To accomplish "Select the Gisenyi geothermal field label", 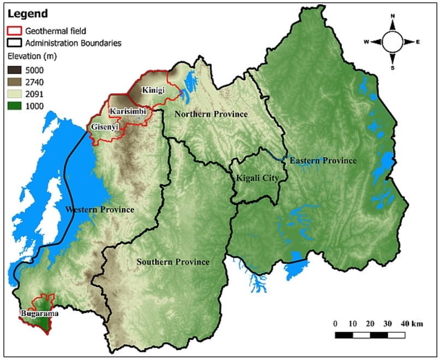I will click(x=105, y=127).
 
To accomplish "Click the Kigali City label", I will click(x=258, y=178).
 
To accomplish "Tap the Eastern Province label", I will click(x=323, y=160).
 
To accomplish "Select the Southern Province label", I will click(x=173, y=262).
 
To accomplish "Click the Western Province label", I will click(x=99, y=209).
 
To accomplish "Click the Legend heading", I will click(x=27, y=14).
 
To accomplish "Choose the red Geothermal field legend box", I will click(x=14, y=31).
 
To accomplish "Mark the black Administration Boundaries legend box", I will click(x=14, y=43).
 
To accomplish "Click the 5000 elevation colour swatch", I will click(x=14, y=70).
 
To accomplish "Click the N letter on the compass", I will click(x=393, y=16).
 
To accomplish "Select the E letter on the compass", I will click(x=418, y=41).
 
